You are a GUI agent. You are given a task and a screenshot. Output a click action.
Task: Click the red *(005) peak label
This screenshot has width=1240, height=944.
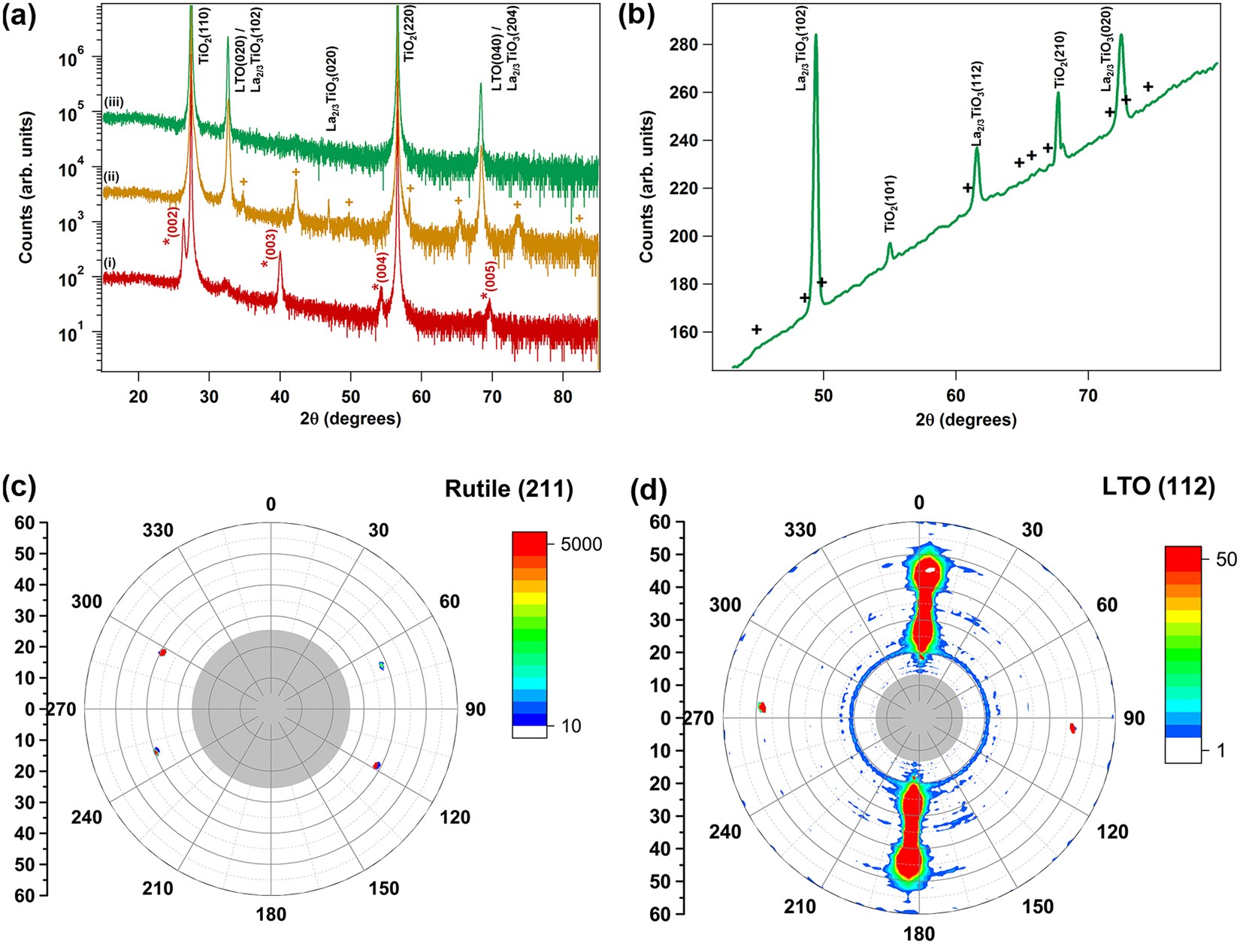[x=488, y=288]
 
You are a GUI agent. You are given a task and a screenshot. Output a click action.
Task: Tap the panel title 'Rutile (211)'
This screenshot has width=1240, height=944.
[x=509, y=489]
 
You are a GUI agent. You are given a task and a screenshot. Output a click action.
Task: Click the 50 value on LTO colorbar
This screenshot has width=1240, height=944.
[x=1226, y=559]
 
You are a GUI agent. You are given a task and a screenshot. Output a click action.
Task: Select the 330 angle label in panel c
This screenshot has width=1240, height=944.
[x=158, y=531]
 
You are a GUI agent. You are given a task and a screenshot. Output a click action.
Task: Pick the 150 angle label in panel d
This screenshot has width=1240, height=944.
[x=1038, y=906]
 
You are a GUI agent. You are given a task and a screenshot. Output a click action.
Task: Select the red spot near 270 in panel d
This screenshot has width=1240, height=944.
[x=762, y=707]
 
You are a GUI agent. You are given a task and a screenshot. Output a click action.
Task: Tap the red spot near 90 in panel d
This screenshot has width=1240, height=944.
[x=1073, y=728]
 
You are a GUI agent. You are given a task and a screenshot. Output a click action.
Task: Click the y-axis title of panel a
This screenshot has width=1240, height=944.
[x=26, y=188]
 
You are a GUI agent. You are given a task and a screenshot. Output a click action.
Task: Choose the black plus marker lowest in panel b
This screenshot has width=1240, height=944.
[x=757, y=330]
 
